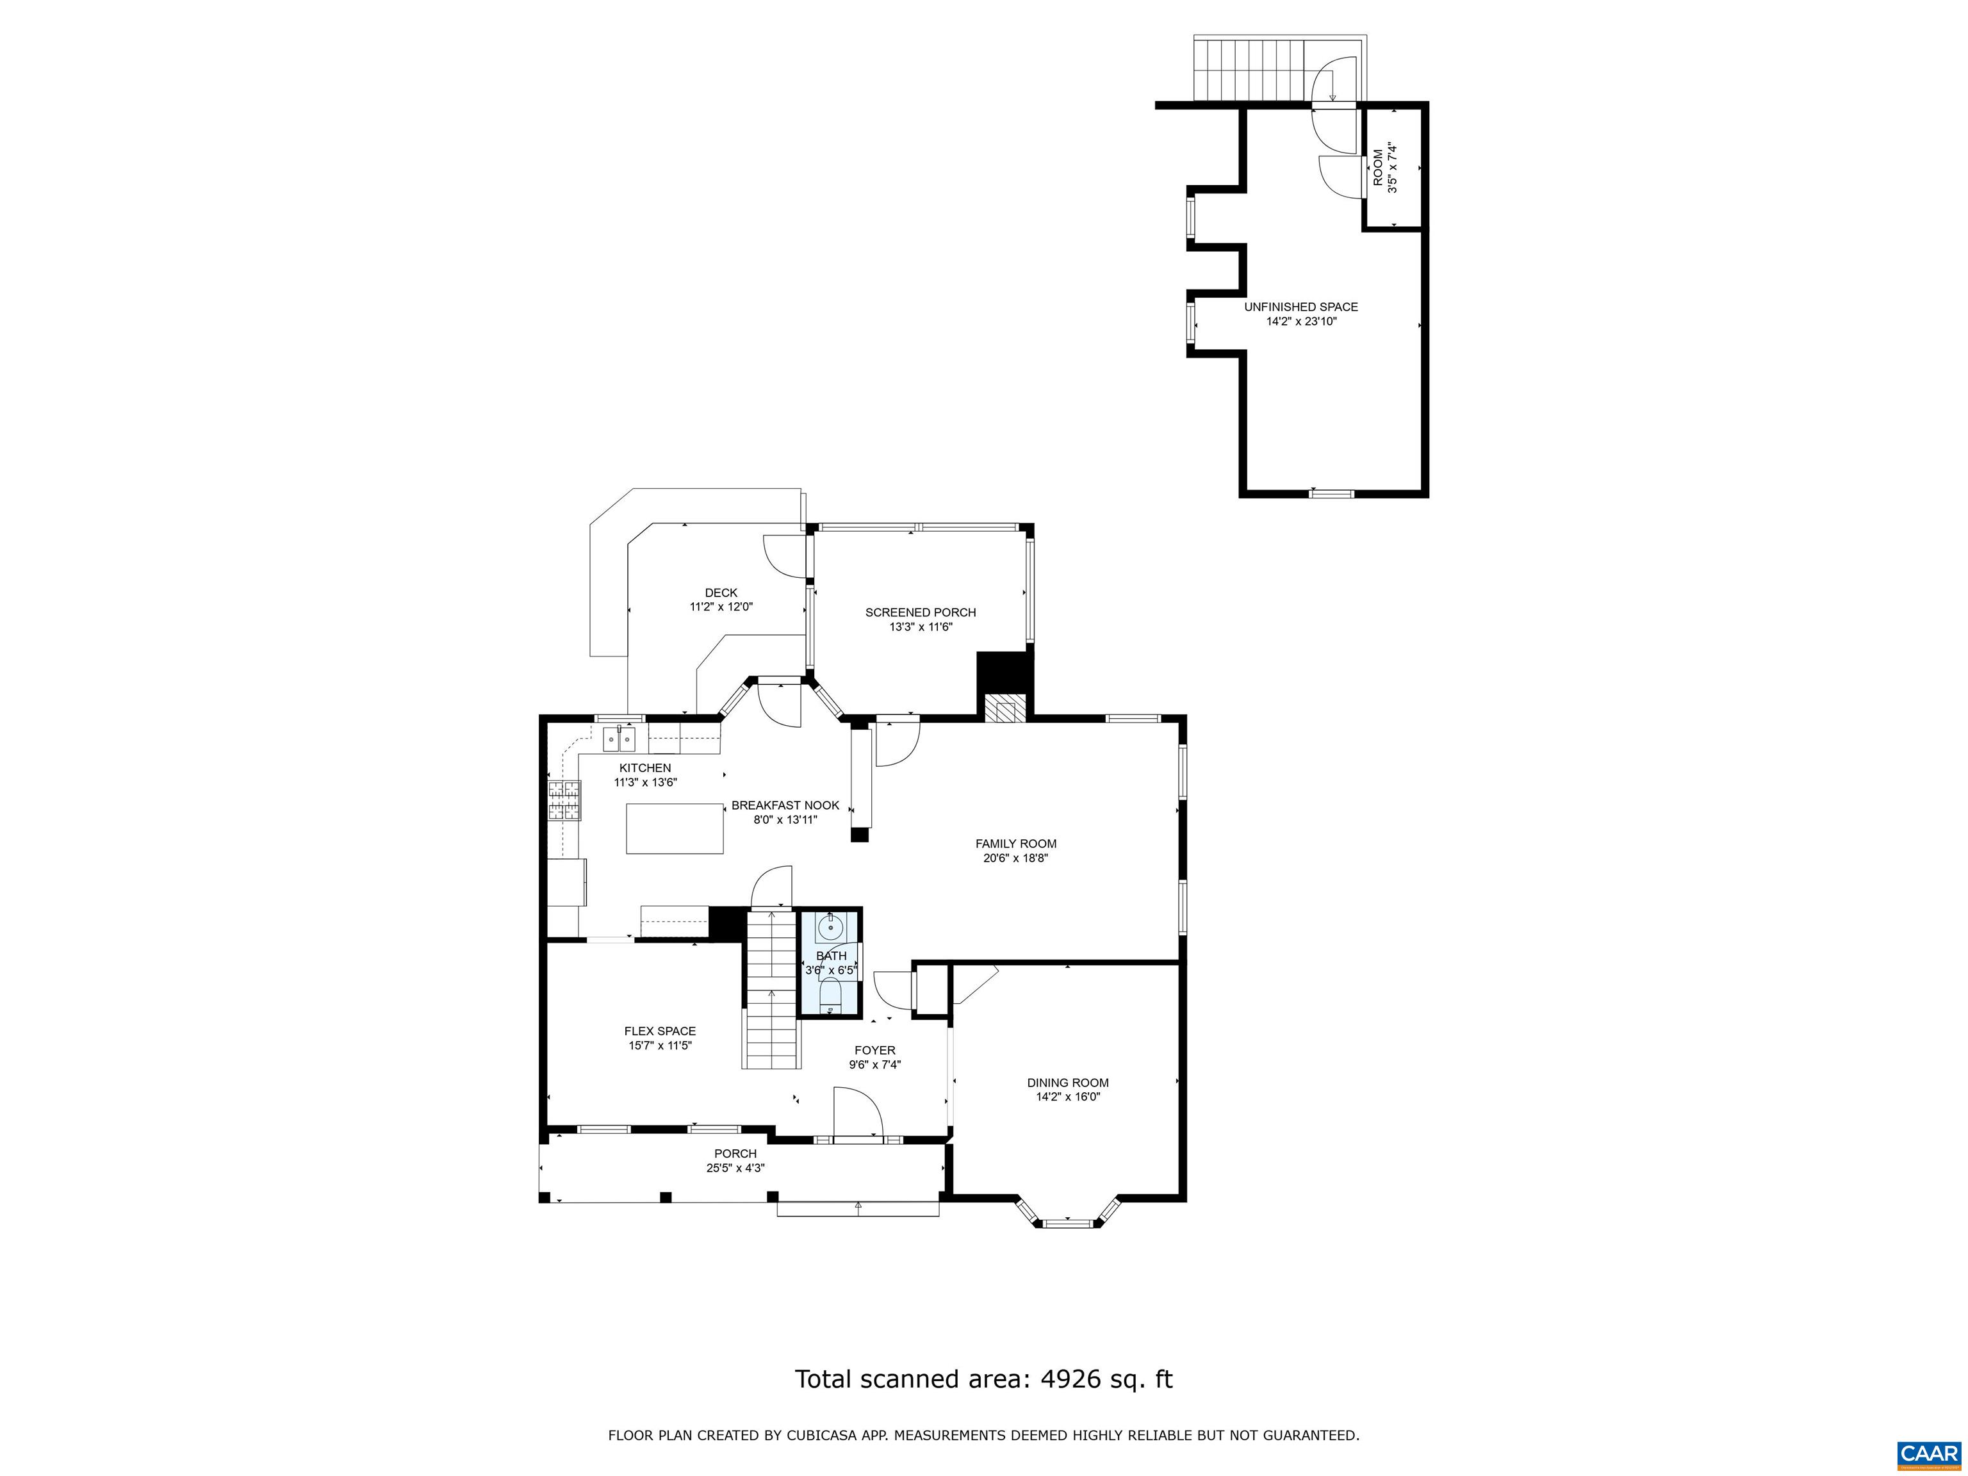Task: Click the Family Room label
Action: point(1015,844)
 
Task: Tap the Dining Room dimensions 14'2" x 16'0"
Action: point(1068,1097)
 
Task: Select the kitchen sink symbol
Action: point(619,739)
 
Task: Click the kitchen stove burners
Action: point(563,798)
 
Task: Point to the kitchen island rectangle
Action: point(675,828)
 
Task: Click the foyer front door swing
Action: point(857,1112)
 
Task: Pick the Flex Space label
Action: point(659,1031)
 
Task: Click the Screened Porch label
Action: point(920,612)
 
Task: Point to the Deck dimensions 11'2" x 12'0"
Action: point(721,607)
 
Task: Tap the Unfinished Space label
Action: point(1300,307)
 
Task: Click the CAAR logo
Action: point(1929,1454)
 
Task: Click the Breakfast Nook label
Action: point(785,805)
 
